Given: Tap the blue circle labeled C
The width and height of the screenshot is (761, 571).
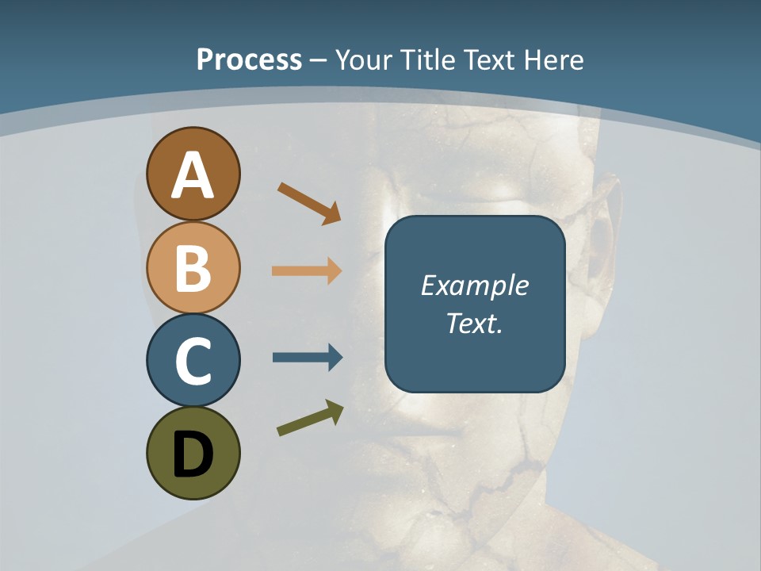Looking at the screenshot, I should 193,361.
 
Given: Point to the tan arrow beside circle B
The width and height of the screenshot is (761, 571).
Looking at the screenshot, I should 307,271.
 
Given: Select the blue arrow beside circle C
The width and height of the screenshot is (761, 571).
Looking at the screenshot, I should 307,358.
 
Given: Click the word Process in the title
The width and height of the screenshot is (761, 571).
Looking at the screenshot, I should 249,59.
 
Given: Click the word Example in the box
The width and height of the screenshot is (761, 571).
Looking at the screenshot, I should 475,285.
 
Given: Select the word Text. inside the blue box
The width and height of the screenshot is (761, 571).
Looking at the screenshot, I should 475,323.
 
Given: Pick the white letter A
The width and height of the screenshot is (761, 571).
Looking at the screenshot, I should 193,175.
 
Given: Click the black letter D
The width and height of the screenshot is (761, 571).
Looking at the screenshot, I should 193,455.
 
